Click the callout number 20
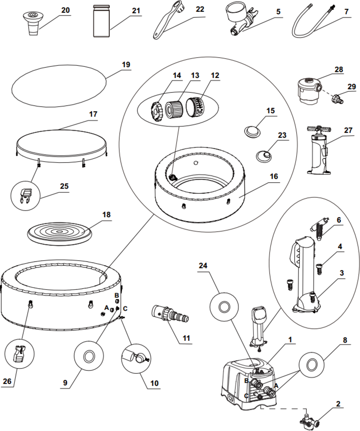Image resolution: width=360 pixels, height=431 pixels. (x=65, y=10)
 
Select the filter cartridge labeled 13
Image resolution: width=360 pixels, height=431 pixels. (x=174, y=107)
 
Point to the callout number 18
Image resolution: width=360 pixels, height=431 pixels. (x=106, y=214)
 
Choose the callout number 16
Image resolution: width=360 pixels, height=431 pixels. (x=274, y=176)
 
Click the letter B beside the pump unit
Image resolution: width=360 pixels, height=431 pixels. (x=246, y=381)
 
